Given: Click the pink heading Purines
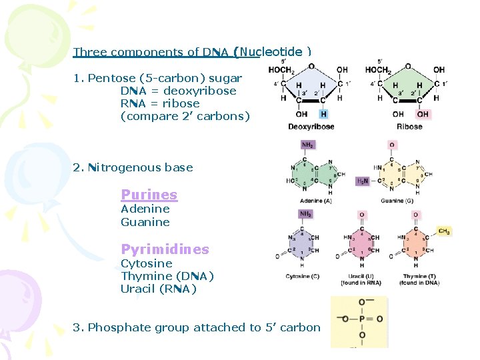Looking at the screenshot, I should (149, 195).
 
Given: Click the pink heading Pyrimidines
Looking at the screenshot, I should (165, 249).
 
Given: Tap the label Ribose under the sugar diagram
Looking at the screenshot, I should (409, 127).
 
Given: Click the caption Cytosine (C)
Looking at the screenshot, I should (302, 276).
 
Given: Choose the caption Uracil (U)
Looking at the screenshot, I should (360, 276).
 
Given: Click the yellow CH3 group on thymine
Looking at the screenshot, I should (443, 231).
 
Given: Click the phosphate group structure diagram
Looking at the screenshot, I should (360, 322).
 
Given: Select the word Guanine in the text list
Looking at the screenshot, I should (145, 222).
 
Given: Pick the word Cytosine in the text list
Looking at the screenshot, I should (146, 263).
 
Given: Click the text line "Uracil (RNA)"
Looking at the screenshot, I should (159, 289).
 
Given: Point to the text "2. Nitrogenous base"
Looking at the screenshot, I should (133, 167).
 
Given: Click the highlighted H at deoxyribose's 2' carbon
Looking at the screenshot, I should (324, 114).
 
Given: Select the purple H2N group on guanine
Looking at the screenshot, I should (362, 181).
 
